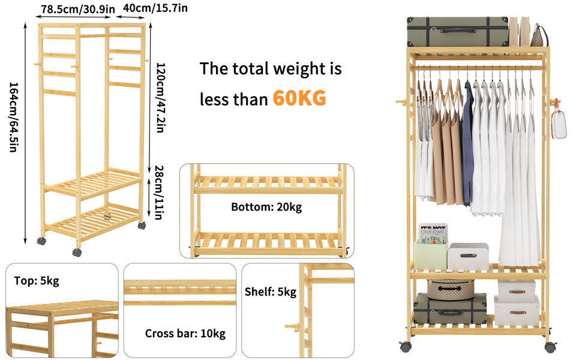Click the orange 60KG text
[299, 98]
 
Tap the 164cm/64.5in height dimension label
[13, 117]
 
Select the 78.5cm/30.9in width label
[78, 9]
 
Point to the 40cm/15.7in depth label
[155, 8]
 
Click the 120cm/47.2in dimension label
[160, 98]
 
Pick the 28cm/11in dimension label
[158, 192]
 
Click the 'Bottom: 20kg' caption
[266, 207]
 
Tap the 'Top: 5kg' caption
[37, 281]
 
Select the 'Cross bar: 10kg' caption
[185, 333]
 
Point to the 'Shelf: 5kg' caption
[270, 292]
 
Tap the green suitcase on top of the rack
[457, 32]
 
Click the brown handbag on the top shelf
[539, 37]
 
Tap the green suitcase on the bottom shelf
[450, 309]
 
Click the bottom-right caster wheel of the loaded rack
[550, 347]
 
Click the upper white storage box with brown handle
[517, 289]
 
